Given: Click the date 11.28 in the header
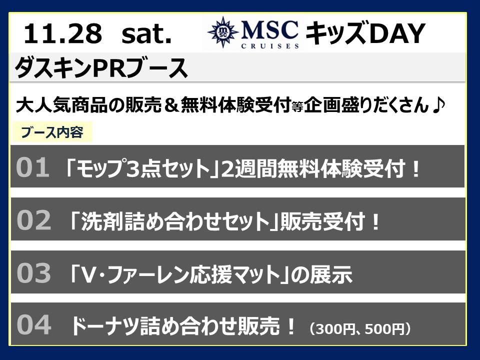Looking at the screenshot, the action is click(x=63, y=33).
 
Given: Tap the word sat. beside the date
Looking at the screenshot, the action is click(x=146, y=34).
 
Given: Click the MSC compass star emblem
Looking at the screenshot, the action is click(x=223, y=32).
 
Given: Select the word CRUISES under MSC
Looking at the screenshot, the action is click(x=270, y=46).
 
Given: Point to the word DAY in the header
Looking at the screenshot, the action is click(x=397, y=33).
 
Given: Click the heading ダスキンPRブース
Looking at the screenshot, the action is click(x=101, y=67).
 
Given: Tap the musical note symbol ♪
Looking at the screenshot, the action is click(x=438, y=104).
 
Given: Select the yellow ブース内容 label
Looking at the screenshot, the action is click(x=51, y=132).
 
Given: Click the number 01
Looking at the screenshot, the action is click(x=33, y=167).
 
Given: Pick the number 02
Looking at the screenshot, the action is click(x=33, y=220).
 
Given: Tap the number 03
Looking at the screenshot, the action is click(x=33, y=272).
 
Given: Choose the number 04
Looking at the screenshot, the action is click(x=33, y=325).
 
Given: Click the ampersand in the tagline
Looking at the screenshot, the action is click(x=171, y=104).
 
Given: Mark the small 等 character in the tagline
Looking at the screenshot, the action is click(x=297, y=107).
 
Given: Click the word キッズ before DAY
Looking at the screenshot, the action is click(x=336, y=33).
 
